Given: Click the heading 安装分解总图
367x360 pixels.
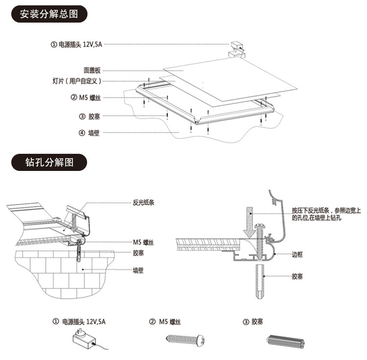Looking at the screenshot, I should point(49,14).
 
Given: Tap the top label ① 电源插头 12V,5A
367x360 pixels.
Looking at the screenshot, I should point(76,45).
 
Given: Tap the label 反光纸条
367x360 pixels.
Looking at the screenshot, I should point(143,202).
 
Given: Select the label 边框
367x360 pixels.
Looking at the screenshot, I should point(298,254).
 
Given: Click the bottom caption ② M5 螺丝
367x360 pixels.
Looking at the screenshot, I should point(165,322).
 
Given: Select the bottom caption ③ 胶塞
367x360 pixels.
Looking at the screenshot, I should point(253,322).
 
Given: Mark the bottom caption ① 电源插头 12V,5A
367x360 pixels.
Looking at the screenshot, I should point(79,322).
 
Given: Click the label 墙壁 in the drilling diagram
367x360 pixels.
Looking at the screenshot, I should point(138,269).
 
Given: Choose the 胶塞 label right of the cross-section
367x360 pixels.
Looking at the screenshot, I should point(298,277).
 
